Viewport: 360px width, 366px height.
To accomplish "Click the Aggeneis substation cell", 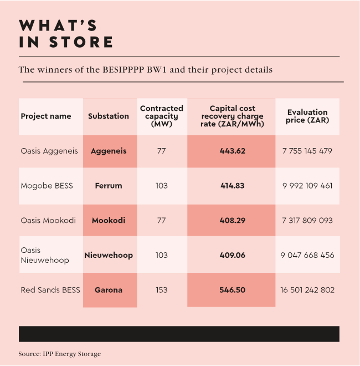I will pos(109,151).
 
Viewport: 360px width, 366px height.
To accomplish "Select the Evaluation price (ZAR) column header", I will pos(307,116).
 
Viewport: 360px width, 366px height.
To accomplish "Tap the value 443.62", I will pos(232,151).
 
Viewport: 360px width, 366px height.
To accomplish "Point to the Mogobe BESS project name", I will pos(47,185).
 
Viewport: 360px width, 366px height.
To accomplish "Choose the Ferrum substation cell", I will pos(109,185).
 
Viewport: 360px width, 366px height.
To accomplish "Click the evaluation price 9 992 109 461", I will pos(307,185).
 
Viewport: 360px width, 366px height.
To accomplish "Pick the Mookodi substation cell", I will pos(109,220).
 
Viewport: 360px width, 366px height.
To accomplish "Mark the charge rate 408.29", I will pos(232,220).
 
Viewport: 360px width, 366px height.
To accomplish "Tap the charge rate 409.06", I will pos(232,255).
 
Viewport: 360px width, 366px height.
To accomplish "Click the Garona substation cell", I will pos(109,290).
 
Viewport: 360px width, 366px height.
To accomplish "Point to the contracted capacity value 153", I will pos(162,290).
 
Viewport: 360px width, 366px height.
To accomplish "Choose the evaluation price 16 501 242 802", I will pos(307,290).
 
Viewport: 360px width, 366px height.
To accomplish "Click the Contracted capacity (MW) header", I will pos(162,116).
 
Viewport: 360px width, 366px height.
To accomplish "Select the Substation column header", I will pos(109,116).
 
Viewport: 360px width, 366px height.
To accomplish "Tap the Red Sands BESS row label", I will pos(50,290).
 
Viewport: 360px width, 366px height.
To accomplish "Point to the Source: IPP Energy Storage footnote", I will pos(60,354).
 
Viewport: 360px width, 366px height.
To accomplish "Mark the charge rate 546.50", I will pos(232,290).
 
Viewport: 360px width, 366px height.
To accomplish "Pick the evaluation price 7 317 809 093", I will pos(307,220).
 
